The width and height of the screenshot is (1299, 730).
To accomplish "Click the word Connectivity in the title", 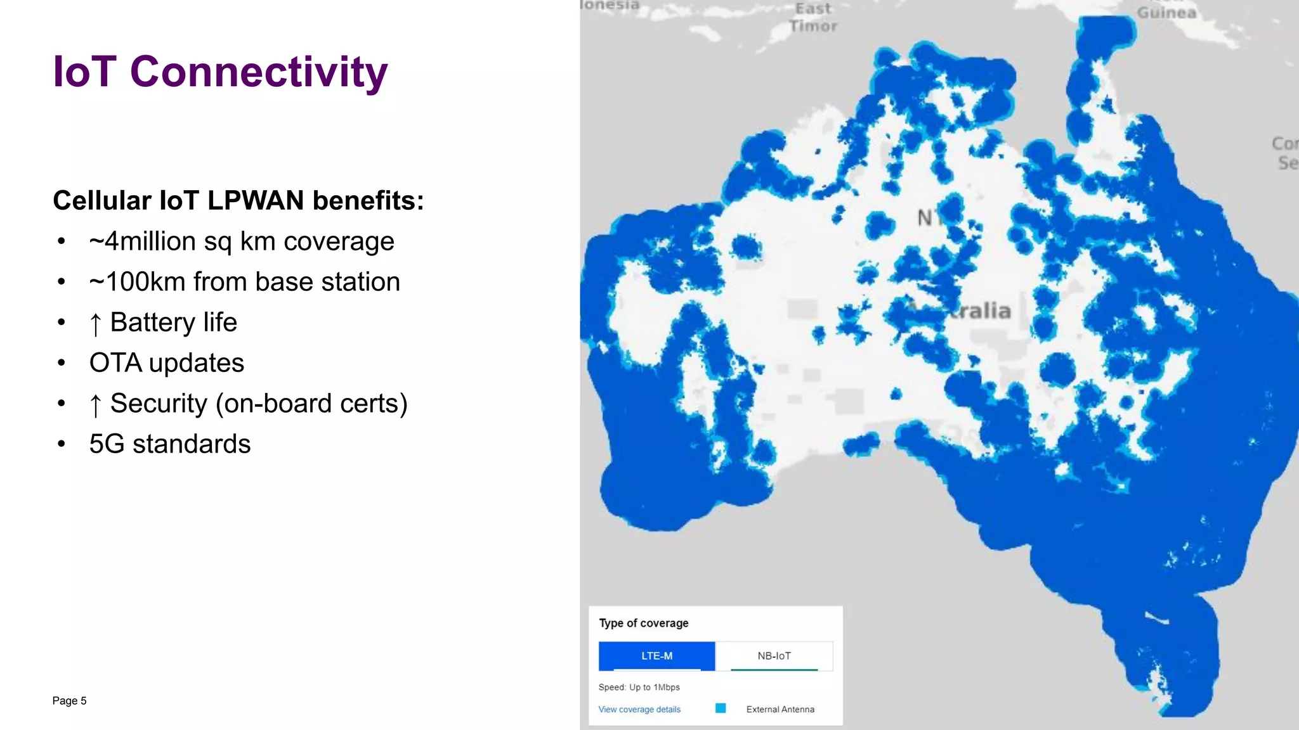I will (x=258, y=72).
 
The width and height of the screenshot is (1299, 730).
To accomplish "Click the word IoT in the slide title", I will (x=84, y=72).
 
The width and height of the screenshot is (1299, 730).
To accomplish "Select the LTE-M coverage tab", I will (x=656, y=656).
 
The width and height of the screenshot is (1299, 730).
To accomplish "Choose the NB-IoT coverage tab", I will (x=774, y=656).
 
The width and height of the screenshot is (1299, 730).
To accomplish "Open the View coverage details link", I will (x=639, y=709).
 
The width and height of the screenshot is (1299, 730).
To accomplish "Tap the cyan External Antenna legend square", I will (x=721, y=708).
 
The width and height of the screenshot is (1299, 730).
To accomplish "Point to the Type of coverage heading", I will (x=643, y=623).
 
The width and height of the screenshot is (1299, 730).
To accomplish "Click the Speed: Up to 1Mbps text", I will (x=639, y=687).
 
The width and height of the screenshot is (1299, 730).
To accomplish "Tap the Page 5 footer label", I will (x=69, y=700).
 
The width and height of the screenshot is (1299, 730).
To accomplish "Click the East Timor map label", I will (x=813, y=18).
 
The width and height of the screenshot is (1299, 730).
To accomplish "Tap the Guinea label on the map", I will (x=1166, y=12).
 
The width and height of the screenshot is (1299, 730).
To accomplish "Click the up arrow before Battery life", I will (x=95, y=323).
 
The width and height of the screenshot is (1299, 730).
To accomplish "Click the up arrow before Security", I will (x=95, y=404).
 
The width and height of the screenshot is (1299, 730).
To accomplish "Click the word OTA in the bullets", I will (x=115, y=363).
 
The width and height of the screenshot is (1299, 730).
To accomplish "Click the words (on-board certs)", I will (x=311, y=404).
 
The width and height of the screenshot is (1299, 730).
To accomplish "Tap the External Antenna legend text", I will (x=780, y=709).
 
